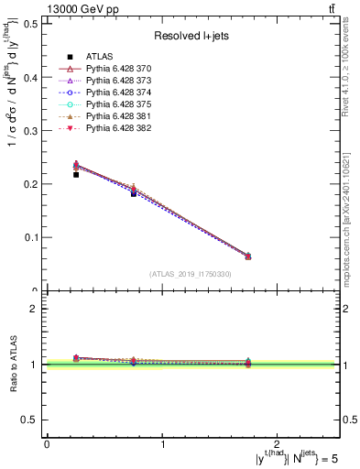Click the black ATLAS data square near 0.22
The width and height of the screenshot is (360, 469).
pos(76,174)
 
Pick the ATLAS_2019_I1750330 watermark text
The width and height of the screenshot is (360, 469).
pos(191,274)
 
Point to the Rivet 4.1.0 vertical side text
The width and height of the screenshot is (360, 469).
pos(352,69)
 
